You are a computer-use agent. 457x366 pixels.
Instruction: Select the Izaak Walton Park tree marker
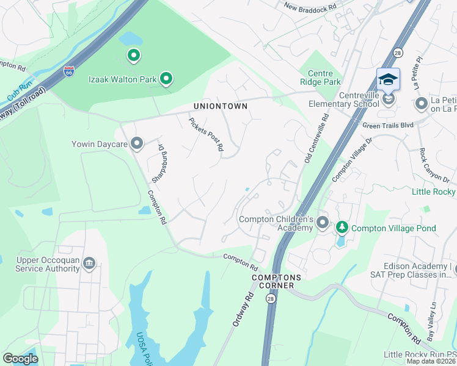pyautogui.click(x=166, y=78)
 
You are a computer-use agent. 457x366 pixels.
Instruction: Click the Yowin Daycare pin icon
pyautogui.click(x=137, y=144)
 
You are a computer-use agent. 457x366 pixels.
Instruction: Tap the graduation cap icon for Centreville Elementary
pyautogui.click(x=388, y=81)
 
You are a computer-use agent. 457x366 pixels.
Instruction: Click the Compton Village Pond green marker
pyautogui.click(x=342, y=228)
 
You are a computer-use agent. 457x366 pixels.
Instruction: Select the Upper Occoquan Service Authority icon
pyautogui.click(x=89, y=262)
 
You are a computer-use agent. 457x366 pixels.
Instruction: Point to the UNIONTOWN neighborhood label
pyautogui.click(x=221, y=106)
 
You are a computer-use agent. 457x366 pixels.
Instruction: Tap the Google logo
pyautogui.click(x=21, y=359)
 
